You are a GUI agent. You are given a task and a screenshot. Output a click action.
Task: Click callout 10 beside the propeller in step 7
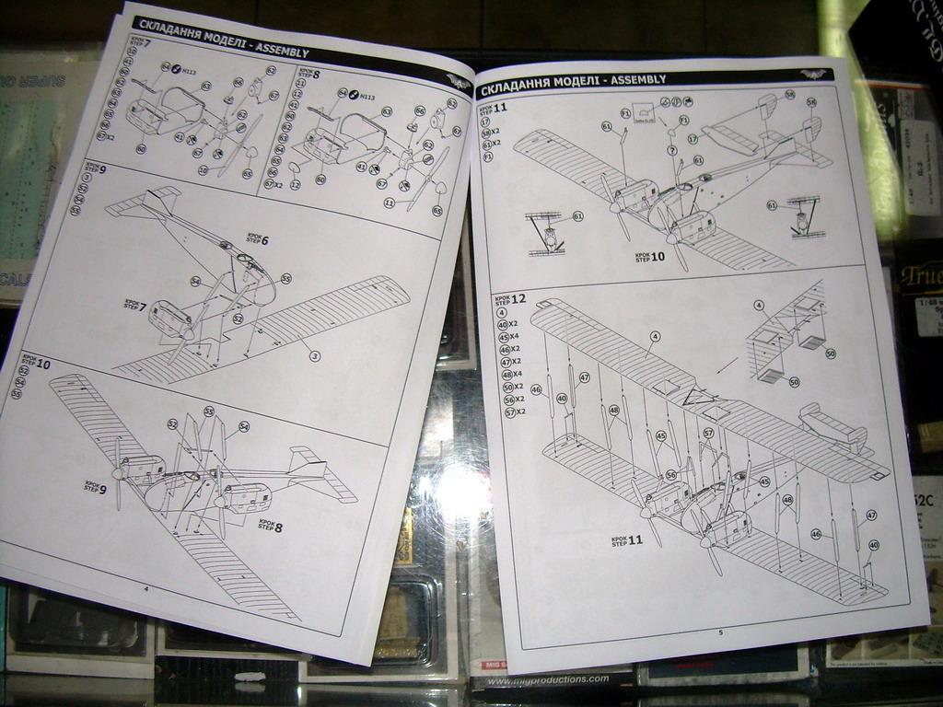coord(204,169)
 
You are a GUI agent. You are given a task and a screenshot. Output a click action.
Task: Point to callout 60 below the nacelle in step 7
coord(141,148)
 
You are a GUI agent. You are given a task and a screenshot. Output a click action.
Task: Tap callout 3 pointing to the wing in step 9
coord(315,355)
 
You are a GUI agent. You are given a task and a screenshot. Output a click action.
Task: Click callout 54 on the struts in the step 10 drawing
coord(244,426)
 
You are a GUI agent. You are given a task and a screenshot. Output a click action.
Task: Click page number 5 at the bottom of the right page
coord(720,632)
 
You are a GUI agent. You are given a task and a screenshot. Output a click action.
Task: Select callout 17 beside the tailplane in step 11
coord(693,139)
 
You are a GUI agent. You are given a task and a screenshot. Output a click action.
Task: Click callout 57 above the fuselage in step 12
coord(708,433)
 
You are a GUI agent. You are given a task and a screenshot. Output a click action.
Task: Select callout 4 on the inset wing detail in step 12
coord(759,305)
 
